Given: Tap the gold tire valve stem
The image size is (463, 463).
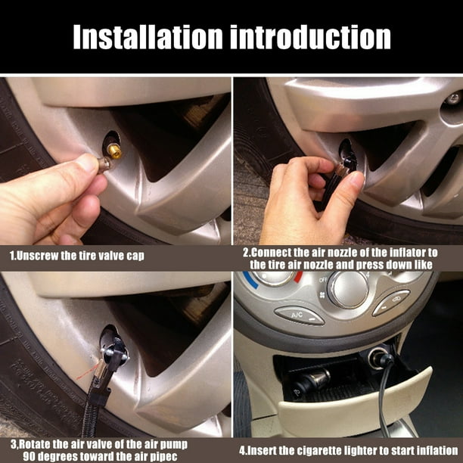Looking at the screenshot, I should pyautogui.click(x=113, y=150).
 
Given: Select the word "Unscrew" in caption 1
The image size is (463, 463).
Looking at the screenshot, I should pyautogui.click(x=41, y=256).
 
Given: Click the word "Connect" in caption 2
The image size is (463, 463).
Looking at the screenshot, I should pyautogui.click(x=275, y=251).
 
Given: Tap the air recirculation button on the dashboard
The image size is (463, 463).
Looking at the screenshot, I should pyautogui.click(x=390, y=302).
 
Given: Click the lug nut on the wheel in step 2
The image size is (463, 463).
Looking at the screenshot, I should pyautogui.click(x=452, y=99).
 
